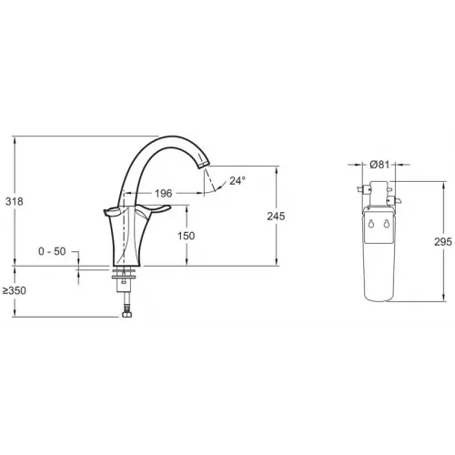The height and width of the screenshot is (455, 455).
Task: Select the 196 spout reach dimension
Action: (x=164, y=193)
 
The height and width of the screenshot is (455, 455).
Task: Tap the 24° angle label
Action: (x=237, y=180)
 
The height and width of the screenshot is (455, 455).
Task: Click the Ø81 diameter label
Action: (x=381, y=165)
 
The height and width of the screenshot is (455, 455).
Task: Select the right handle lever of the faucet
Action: (x=155, y=211)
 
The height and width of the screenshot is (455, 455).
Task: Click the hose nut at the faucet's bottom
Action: (x=125, y=312)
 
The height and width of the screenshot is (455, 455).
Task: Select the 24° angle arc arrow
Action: (x=217, y=185)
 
